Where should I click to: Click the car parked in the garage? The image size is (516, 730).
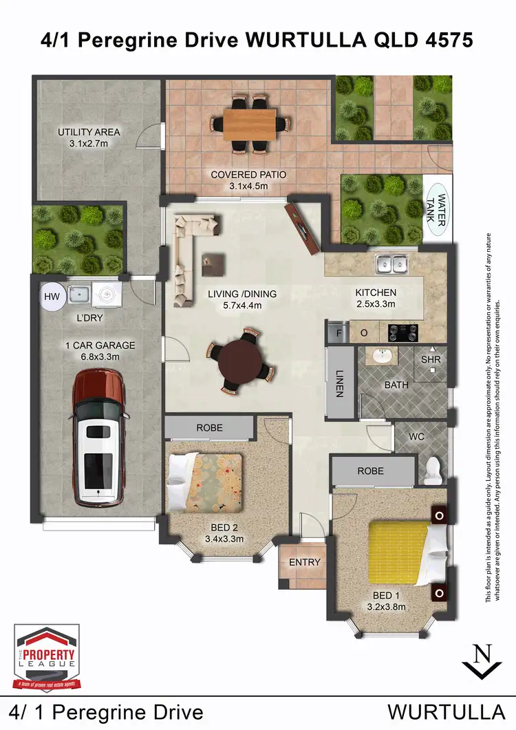(100, 436)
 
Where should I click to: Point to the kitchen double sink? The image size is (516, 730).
(390, 264)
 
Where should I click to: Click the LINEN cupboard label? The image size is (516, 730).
(338, 383)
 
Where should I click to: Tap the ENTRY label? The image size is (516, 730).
(304, 562)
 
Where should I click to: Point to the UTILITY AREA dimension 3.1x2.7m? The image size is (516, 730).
(89, 144)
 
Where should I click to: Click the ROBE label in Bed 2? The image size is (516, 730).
(209, 427)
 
